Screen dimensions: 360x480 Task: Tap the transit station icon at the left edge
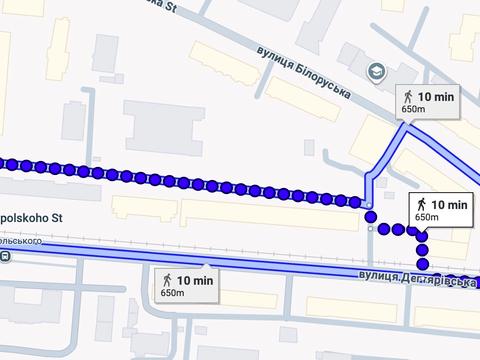6,256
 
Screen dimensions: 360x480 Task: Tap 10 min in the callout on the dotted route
449,205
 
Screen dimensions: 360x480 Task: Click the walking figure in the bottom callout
169,279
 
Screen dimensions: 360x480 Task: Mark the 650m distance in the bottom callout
173,292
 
